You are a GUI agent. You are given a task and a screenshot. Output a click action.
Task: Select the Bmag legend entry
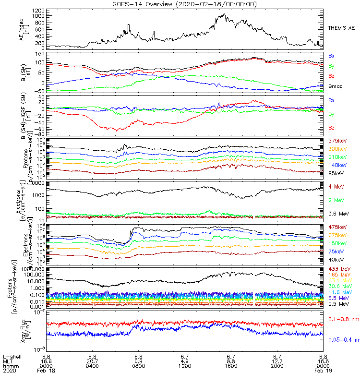(335, 86)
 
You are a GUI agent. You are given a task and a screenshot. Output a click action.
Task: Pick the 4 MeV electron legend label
(335, 186)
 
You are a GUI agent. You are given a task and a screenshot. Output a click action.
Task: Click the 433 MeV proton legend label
(338, 268)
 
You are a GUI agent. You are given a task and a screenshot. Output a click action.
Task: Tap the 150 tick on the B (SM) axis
(42, 54)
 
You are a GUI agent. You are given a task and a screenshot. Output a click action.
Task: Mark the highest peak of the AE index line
(224, 14)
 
